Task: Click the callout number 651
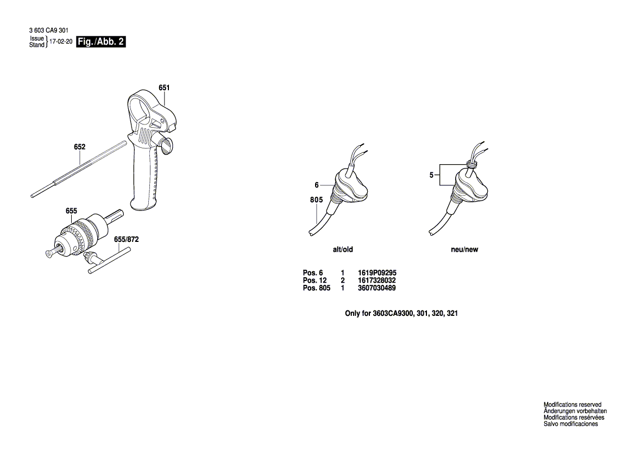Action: (164, 88)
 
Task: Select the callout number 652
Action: (79, 147)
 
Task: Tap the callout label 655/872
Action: (126, 239)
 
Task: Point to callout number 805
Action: (317, 200)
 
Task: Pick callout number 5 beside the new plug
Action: (431, 175)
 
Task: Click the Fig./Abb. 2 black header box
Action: (101, 42)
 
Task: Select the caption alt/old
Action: (343, 250)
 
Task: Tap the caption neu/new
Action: (464, 250)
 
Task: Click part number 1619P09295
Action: (378, 273)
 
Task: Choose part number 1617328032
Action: (377, 280)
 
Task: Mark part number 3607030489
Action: (377, 288)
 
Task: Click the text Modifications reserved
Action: (573, 405)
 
